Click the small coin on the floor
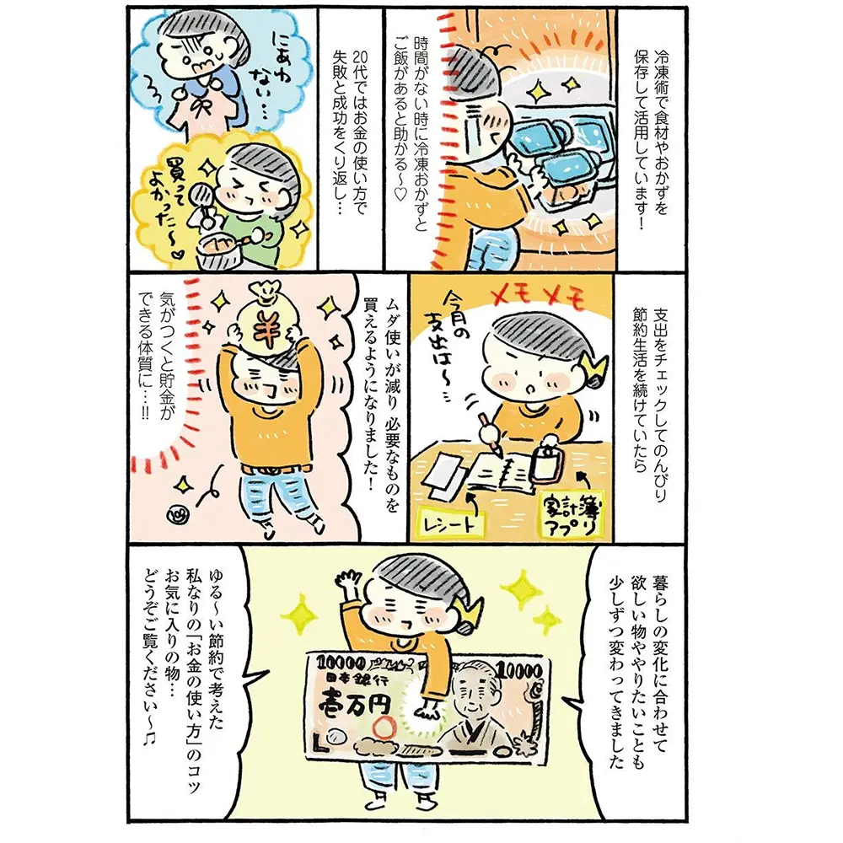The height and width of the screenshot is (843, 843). tap(177, 517)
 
